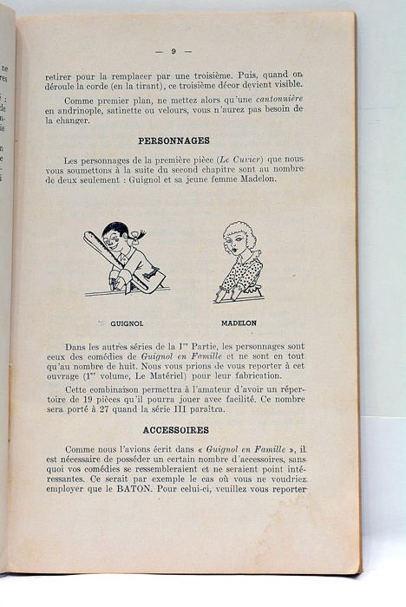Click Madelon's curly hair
point(237,237)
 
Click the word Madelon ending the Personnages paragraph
point(276,179)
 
